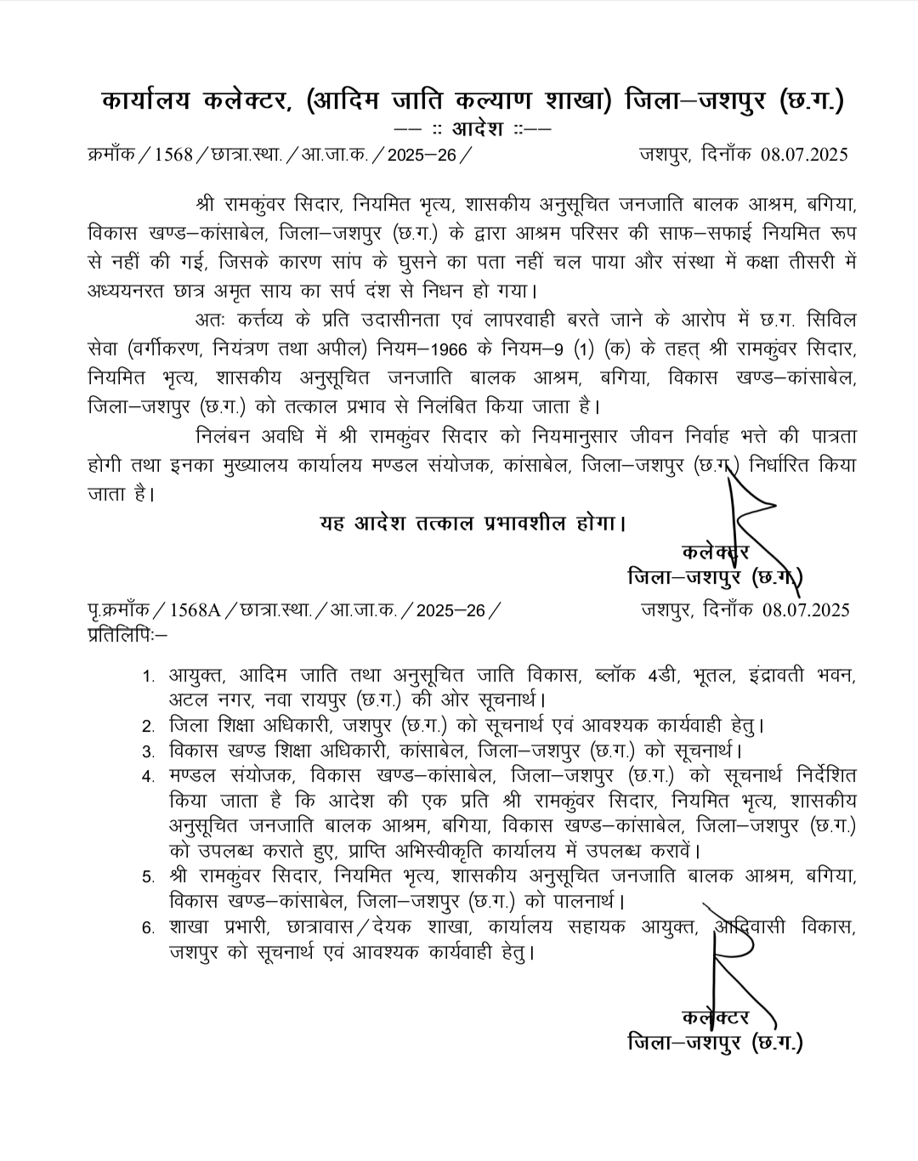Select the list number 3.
[149, 751]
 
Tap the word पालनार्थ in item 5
[575, 899]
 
